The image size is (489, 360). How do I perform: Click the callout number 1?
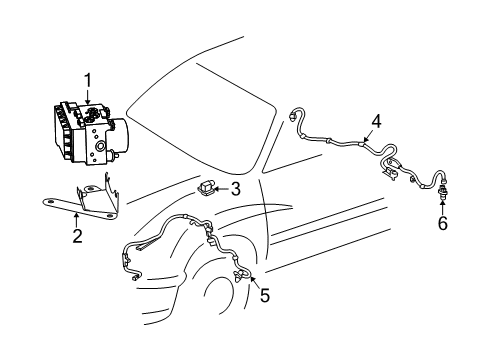(x=87, y=79)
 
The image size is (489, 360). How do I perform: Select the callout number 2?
(x=76, y=237)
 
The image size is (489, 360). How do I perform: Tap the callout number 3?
(x=235, y=188)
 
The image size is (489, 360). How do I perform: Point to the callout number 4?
(x=375, y=121)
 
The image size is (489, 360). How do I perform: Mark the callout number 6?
(x=442, y=223)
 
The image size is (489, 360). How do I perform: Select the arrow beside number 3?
(x=222, y=187)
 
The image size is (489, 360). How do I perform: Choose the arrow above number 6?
(x=442, y=207)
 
